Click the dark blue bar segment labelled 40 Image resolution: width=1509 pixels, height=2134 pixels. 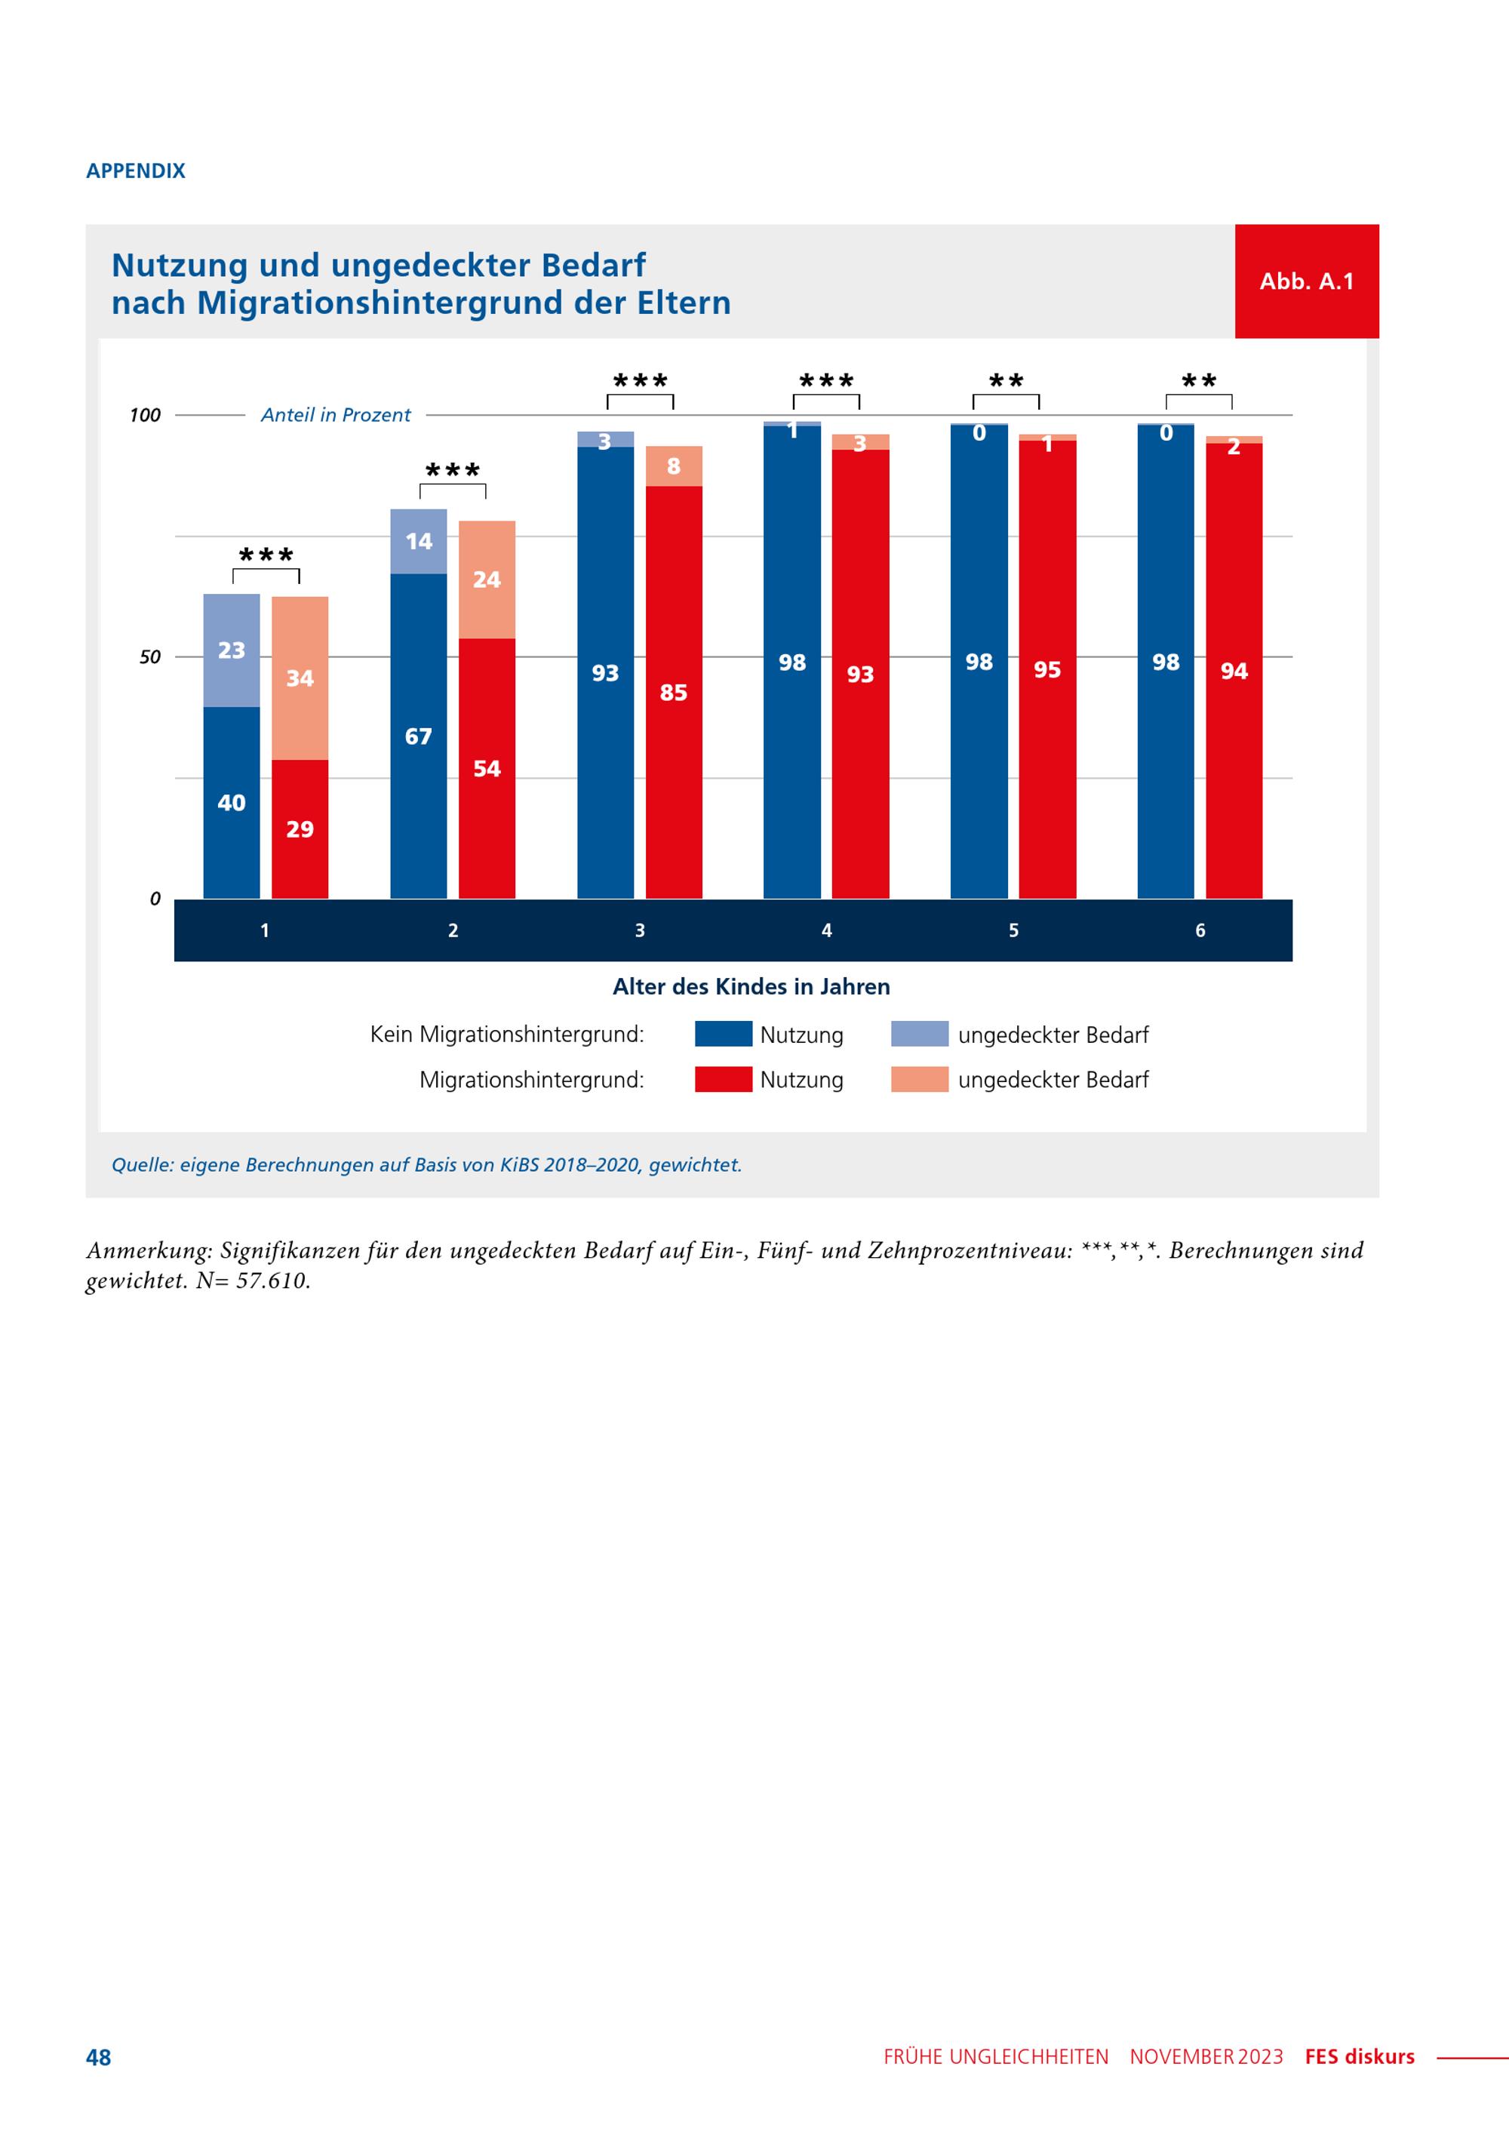click(x=232, y=802)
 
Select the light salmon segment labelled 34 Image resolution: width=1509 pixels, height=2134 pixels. click(x=300, y=678)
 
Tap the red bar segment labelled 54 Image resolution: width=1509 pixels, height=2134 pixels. click(x=487, y=769)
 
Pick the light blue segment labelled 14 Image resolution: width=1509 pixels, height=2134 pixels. click(x=418, y=541)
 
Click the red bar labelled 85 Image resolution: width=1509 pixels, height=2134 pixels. click(x=674, y=693)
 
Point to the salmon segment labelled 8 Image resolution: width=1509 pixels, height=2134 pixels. click(x=674, y=466)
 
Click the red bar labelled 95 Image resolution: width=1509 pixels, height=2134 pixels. click(x=1047, y=669)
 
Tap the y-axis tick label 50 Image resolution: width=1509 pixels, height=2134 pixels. click(x=149, y=657)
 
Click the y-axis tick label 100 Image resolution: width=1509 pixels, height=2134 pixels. click(x=145, y=414)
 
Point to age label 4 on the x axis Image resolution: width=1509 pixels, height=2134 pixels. click(x=826, y=930)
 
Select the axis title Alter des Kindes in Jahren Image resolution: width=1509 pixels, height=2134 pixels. click(x=751, y=986)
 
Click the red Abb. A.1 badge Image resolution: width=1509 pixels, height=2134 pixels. click(x=1307, y=281)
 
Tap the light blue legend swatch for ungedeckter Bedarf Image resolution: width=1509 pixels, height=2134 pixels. click(x=919, y=1034)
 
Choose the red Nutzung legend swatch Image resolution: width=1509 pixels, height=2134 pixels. click(x=723, y=1079)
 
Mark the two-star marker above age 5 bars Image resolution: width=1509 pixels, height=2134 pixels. click(x=1006, y=380)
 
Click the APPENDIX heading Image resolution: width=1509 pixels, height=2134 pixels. click(x=136, y=171)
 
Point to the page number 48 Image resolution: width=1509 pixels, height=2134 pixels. click(x=99, y=2057)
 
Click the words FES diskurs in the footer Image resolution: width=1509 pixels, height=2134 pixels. click(x=1360, y=2057)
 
